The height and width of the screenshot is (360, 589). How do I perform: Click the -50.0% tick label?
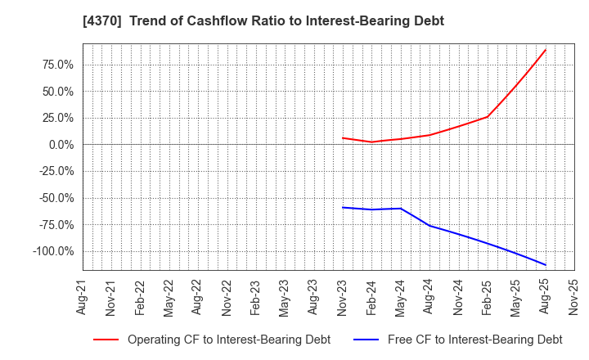(55, 198)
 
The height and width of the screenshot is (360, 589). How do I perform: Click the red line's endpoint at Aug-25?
(546, 50)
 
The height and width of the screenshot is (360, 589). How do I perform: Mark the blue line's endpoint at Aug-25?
(546, 265)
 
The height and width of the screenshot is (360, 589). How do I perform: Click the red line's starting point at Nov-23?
(343, 137)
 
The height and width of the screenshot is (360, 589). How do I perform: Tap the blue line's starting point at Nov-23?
(343, 207)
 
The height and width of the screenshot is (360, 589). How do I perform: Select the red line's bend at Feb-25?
(488, 116)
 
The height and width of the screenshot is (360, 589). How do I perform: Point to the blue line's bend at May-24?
(401, 209)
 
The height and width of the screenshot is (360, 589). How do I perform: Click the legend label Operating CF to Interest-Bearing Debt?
(229, 340)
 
